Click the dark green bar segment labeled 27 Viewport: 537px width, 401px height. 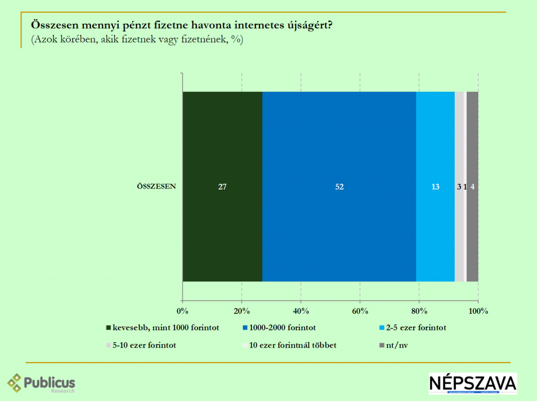click(222, 186)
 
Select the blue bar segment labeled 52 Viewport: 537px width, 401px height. click(339, 186)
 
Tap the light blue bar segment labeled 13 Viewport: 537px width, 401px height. click(435, 186)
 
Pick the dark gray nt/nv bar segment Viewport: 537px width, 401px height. click(472, 186)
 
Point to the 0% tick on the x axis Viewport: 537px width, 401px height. click(182, 311)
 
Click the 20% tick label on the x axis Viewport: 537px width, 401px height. click(242, 311)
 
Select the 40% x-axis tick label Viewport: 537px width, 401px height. click(300, 311)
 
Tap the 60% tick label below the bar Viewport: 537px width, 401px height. click(360, 311)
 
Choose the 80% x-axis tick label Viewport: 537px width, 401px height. click(419, 311)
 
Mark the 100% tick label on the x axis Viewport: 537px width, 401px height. click(478, 311)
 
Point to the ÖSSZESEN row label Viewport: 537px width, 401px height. click(156, 186)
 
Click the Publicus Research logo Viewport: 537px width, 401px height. click(41, 383)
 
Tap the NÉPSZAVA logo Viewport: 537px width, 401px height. click(472, 384)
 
